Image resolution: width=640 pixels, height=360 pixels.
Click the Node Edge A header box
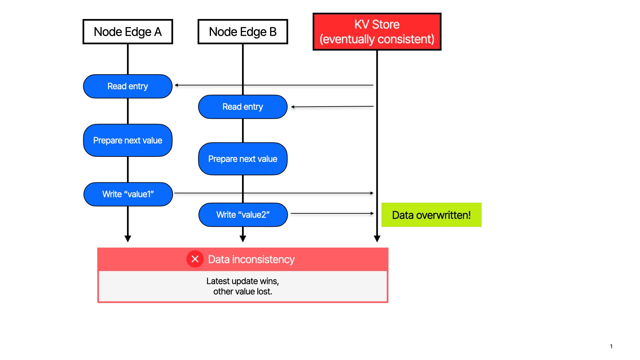(128, 32)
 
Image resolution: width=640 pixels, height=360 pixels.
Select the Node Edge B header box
(243, 32)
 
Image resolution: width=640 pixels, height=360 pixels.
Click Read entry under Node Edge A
(128, 86)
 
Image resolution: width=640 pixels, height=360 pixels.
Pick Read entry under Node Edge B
(243, 107)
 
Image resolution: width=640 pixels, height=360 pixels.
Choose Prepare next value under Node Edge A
(128, 140)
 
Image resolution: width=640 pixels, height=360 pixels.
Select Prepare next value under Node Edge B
(243, 159)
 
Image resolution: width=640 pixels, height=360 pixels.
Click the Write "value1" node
(128, 194)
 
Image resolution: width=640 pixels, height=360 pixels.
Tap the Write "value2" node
(243, 215)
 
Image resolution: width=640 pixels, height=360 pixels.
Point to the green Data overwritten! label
(431, 215)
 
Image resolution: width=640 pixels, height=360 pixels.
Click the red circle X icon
(195, 259)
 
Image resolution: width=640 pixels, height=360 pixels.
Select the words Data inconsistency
(251, 259)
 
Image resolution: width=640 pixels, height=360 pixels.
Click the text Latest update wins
(242, 281)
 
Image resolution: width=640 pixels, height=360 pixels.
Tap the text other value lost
(243, 292)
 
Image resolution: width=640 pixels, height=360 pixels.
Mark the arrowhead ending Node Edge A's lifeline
(128, 239)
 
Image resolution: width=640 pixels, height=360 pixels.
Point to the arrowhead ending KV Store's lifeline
(377, 239)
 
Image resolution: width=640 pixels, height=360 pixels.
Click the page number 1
(611, 346)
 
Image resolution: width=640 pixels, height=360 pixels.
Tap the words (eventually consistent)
(377, 39)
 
